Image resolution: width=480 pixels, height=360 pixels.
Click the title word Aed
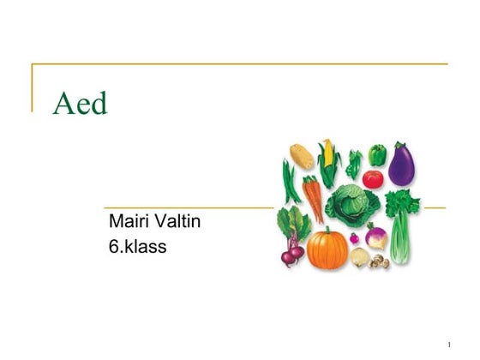(80, 104)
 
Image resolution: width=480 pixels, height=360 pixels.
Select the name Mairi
(129, 222)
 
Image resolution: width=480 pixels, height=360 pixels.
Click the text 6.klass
(137, 247)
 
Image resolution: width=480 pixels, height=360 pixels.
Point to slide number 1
(448, 345)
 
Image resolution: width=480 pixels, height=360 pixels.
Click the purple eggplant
(402, 165)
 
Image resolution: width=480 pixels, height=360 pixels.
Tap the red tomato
(372, 179)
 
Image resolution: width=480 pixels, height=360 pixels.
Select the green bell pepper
(377, 155)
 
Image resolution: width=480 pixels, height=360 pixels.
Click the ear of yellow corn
(327, 159)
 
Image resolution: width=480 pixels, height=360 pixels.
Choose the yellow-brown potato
(301, 156)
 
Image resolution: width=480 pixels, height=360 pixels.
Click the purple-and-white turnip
(375, 234)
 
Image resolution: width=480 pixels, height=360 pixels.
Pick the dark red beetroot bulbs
(291, 252)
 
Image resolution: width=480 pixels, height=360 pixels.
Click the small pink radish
(353, 237)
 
